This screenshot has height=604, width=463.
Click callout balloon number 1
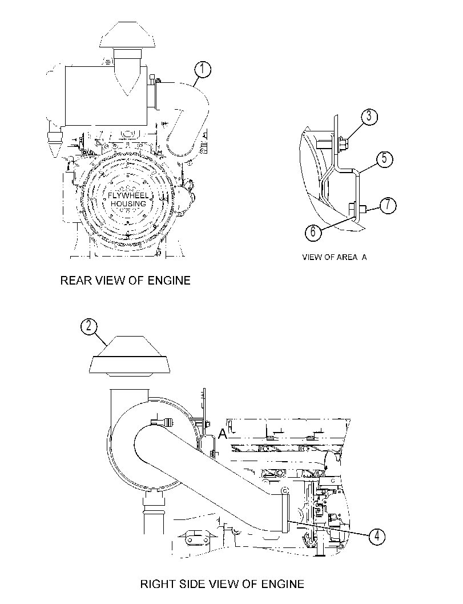(x=203, y=70)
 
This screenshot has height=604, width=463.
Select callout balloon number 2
(x=88, y=327)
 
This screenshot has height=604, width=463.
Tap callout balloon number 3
(x=369, y=117)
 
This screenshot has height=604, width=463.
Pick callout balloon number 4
(x=377, y=536)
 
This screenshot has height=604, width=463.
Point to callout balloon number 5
(x=384, y=159)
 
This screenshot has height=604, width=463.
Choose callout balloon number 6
(x=313, y=232)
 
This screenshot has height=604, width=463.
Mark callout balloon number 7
(x=388, y=205)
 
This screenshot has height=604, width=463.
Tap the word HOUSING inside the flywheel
(x=128, y=204)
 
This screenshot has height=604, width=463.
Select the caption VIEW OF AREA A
(x=335, y=257)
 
